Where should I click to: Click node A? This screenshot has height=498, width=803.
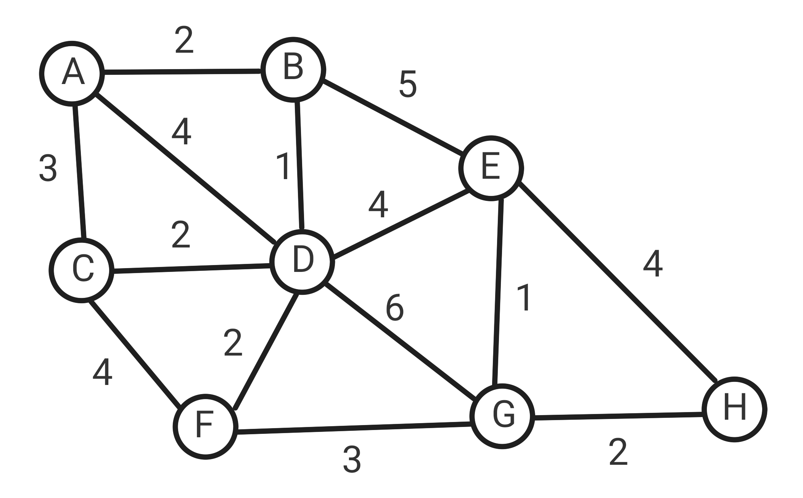pos(72,73)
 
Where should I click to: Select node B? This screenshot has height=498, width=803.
pos(293,70)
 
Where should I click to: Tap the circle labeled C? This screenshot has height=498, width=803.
pos(82,270)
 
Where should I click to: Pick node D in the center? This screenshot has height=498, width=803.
pos(302,262)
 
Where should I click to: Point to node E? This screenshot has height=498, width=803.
pos(491,168)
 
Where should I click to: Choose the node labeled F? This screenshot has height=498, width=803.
pos(205,427)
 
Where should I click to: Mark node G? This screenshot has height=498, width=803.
pos(502,416)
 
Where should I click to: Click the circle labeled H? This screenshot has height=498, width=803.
pos(734,409)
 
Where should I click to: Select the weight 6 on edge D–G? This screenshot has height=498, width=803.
pos(394,308)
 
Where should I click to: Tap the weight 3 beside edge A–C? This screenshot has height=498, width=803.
pos(48,168)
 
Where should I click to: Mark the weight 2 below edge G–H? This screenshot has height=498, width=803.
pos(618,453)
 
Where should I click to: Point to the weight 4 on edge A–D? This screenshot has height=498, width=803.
pos(182,132)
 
